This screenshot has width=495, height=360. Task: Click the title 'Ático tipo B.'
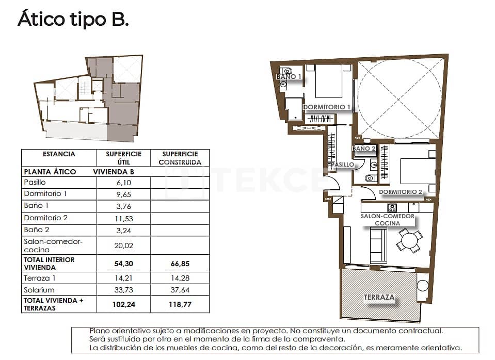[73, 20]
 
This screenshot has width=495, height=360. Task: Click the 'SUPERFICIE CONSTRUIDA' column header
[179, 158]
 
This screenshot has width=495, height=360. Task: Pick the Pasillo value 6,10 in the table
[123, 183]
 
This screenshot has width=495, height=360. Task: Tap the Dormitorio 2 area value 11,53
[123, 218]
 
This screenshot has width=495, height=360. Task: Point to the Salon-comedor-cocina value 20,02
[123, 246]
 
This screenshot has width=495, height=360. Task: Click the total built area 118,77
[179, 304]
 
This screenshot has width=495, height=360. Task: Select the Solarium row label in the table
[39, 290]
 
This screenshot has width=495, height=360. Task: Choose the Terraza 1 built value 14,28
[179, 278]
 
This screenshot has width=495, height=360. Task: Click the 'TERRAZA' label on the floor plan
[379, 298]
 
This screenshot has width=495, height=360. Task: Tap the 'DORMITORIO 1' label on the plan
[327, 107]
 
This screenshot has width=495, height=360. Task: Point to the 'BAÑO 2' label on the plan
[364, 149]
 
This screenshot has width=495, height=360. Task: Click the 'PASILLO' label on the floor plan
[343, 165]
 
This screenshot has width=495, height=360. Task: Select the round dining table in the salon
[409, 240]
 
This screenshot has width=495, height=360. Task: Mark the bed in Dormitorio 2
[417, 170]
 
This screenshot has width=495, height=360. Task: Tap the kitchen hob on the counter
[392, 207]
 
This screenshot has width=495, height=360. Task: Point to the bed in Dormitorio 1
[328, 81]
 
